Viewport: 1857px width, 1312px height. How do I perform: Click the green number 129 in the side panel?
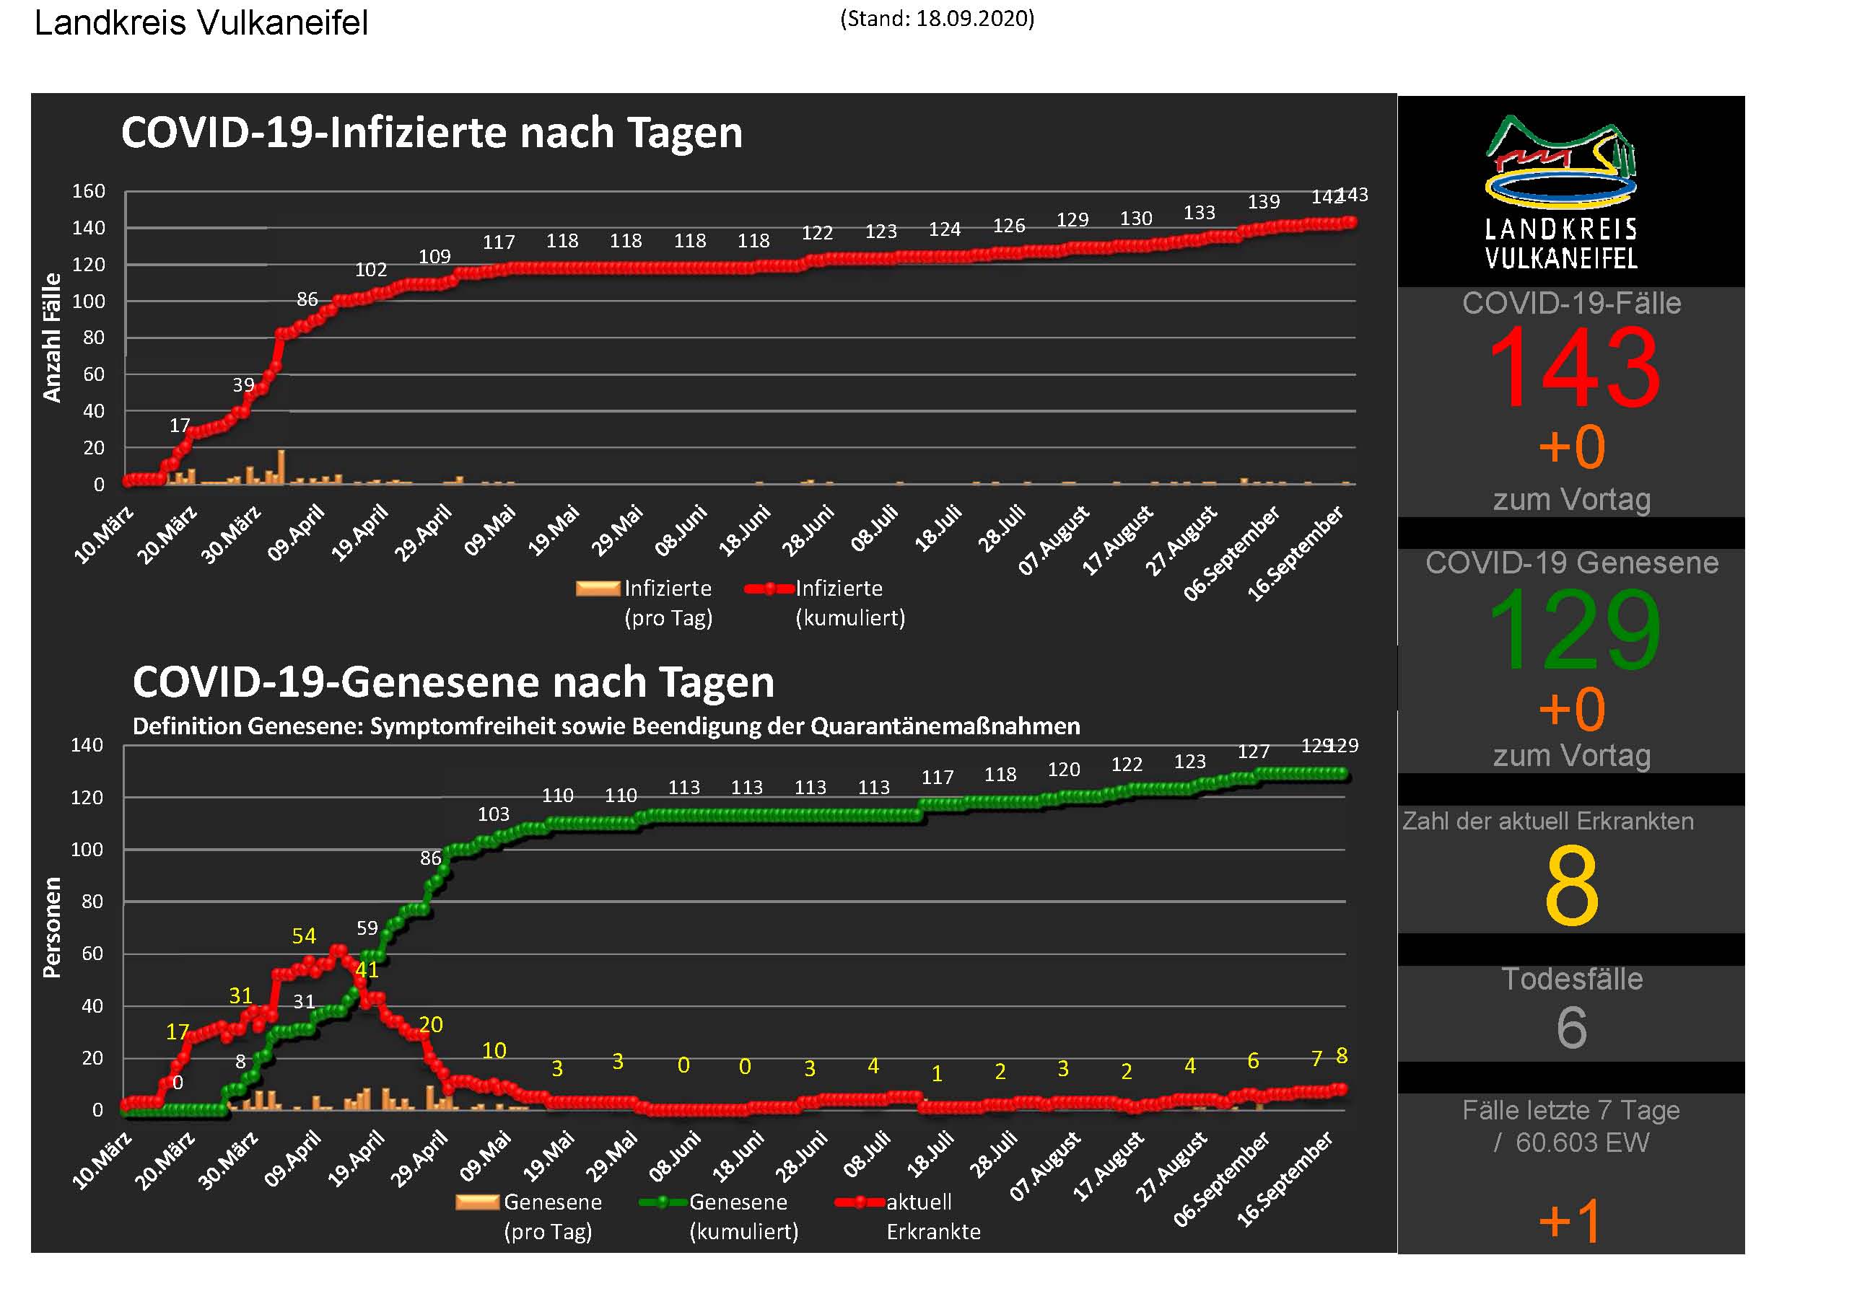pyautogui.click(x=1573, y=630)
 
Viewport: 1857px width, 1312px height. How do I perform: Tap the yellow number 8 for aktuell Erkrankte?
pyautogui.click(x=1571, y=886)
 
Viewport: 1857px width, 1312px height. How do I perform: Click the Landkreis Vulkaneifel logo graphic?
pyautogui.click(x=1561, y=162)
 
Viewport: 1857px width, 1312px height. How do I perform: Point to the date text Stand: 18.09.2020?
pyautogui.click(x=938, y=19)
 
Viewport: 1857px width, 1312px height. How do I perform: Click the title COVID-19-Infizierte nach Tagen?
pyautogui.click(x=431, y=133)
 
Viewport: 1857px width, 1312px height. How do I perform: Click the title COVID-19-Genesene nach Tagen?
pyautogui.click(x=453, y=682)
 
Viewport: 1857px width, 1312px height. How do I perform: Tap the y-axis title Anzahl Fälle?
pyautogui.click(x=52, y=337)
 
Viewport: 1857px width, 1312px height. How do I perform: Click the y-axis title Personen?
pyautogui.click(x=52, y=928)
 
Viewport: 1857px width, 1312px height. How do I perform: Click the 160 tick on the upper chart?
pyautogui.click(x=89, y=192)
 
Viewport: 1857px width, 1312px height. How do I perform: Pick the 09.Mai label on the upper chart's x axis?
pyautogui.click(x=489, y=531)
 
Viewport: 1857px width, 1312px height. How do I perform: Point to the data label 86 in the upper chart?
pyautogui.click(x=307, y=299)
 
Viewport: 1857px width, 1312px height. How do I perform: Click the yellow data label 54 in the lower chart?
pyautogui.click(x=304, y=936)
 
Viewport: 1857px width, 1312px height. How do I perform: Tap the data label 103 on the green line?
pyautogui.click(x=494, y=814)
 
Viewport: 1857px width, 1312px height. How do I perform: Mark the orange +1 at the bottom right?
pyautogui.click(x=1569, y=1220)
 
